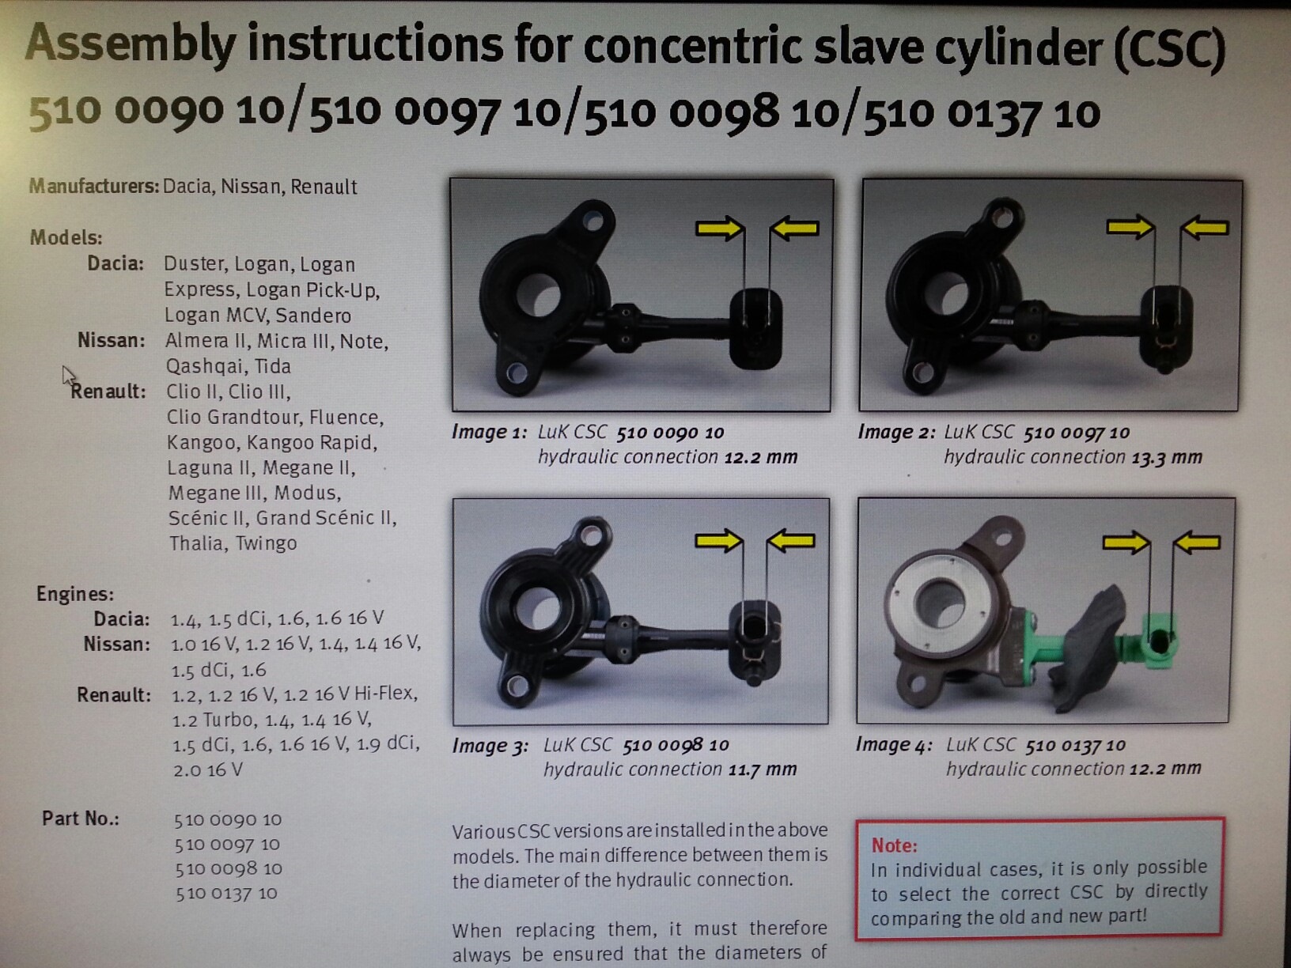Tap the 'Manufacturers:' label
(x=94, y=187)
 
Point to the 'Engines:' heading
(x=75, y=594)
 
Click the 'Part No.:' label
(x=81, y=819)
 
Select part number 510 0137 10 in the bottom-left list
(x=226, y=894)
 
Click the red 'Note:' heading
(x=894, y=845)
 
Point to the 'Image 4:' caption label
(x=894, y=745)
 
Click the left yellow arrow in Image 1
(x=720, y=228)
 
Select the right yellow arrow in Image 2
(x=1205, y=228)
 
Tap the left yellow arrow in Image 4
(x=1126, y=543)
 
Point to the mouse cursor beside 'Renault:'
(x=69, y=376)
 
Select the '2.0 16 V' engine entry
(x=207, y=770)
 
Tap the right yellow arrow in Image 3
(x=791, y=541)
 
